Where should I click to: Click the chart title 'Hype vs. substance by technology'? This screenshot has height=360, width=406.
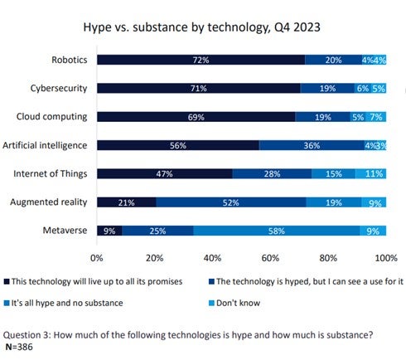[203, 27]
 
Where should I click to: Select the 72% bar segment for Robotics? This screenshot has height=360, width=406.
[201, 60]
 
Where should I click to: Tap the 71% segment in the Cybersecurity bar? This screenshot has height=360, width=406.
[199, 88]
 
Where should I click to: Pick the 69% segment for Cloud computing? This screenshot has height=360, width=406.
[196, 117]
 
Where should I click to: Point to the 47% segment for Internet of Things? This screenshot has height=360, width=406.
[165, 174]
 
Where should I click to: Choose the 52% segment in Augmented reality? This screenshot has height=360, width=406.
[232, 202]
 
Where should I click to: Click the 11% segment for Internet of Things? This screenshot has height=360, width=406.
[371, 174]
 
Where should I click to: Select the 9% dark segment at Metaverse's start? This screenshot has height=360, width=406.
[109, 231]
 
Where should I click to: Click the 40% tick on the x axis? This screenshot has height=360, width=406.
[213, 257]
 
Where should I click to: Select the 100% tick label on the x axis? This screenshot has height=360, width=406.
[386, 257]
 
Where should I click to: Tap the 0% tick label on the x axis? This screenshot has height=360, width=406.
[97, 257]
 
